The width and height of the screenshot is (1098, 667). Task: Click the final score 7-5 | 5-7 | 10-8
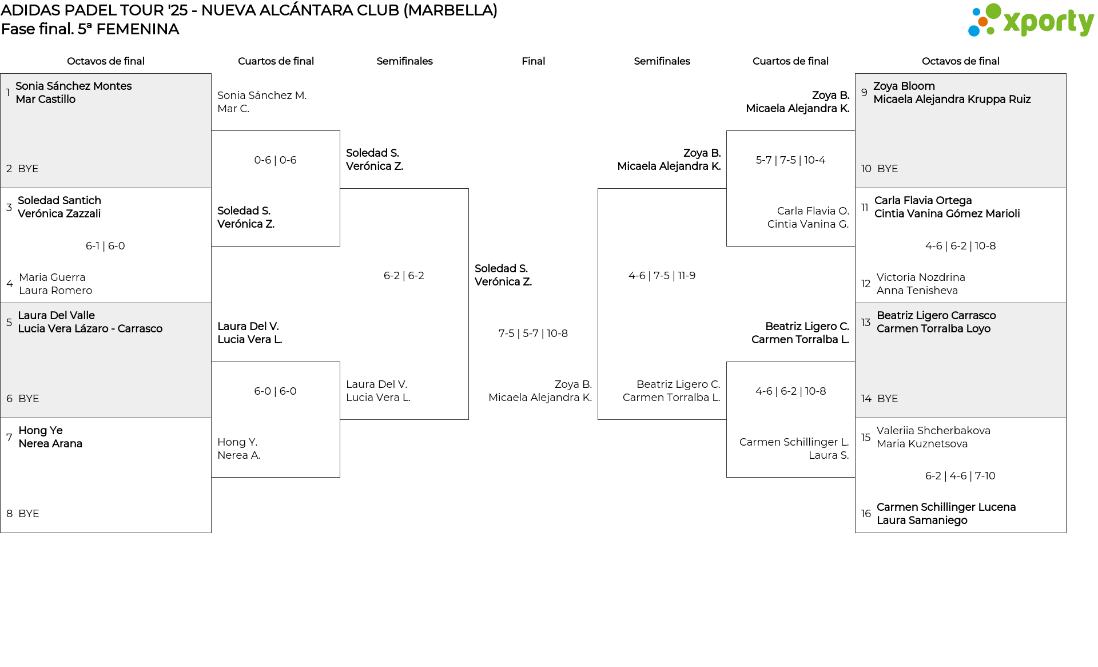(533, 333)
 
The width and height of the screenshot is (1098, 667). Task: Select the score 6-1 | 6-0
(105, 246)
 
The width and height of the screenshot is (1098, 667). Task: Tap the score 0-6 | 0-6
(275, 160)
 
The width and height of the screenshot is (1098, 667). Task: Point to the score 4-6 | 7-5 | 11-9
(662, 276)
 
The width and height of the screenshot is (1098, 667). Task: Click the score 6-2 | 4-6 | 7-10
(960, 476)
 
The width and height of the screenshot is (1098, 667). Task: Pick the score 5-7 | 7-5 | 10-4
(790, 160)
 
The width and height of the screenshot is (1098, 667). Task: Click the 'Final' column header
(533, 61)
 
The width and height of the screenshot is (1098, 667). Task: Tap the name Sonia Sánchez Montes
(74, 86)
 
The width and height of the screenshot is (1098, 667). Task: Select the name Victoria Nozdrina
(921, 277)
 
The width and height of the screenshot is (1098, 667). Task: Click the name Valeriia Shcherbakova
(933, 431)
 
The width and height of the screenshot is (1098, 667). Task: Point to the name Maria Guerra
(52, 277)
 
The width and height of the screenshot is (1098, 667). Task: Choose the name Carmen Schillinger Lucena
(946, 507)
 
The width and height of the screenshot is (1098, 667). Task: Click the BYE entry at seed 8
(29, 514)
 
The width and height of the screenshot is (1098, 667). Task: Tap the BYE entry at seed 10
(888, 169)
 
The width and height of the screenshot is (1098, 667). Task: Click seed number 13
(866, 323)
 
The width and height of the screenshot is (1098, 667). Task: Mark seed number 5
(9, 323)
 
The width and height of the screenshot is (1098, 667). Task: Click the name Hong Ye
(41, 431)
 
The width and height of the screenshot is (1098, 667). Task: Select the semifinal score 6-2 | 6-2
(404, 276)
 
